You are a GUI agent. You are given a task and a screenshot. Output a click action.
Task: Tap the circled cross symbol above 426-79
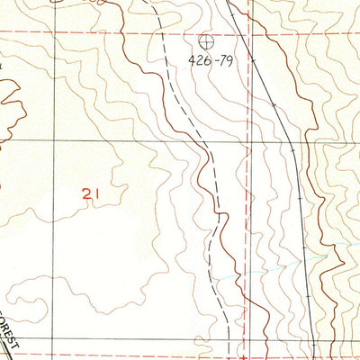pyautogui.click(x=206, y=40)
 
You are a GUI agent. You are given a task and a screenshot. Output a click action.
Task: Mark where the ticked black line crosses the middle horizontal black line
pyautogui.click(x=287, y=141)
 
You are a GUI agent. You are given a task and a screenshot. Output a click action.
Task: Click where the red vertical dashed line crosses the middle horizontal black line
pyautogui.click(x=247, y=141)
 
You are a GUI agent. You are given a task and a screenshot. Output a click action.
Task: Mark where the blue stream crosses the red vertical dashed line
pyautogui.click(x=247, y=271)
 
